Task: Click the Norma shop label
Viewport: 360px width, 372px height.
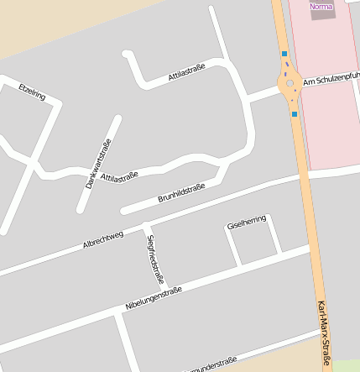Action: [321, 7]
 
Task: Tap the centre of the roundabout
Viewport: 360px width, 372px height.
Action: [290, 83]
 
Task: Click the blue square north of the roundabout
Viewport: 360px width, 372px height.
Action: [284, 54]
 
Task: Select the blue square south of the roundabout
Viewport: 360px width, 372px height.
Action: [295, 113]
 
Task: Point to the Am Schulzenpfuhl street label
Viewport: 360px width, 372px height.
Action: [331, 77]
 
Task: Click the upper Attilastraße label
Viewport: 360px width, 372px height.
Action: [187, 71]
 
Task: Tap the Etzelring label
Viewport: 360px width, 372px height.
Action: [32, 92]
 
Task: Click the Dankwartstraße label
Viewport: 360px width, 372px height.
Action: [98, 163]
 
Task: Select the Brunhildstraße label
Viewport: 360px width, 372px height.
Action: [180, 193]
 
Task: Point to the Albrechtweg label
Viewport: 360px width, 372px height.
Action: [103, 239]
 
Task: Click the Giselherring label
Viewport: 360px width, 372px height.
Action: [246, 222]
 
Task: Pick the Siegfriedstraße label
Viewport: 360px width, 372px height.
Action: [155, 259]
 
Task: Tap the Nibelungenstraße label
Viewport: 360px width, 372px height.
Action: [154, 296]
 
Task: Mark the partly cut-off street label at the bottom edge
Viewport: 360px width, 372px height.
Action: [210, 366]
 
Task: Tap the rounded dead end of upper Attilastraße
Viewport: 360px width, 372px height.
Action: [128, 55]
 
